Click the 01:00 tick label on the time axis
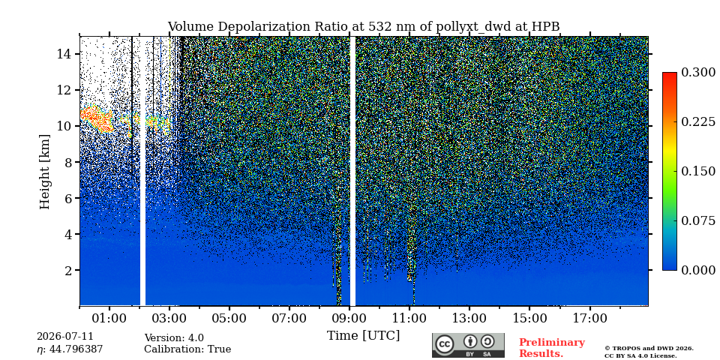[109, 318]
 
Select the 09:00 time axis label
[349, 318]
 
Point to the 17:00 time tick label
[589, 318]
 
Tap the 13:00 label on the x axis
[469, 318]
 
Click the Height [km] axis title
[44, 171]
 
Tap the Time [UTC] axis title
[363, 336]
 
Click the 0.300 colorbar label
[698, 73]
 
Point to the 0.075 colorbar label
[698, 220]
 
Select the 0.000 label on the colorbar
[698, 270]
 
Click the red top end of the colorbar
[670, 75]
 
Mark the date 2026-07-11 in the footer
[65, 336]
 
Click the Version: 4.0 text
[174, 338]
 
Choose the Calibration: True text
[187, 349]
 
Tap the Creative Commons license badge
[468, 345]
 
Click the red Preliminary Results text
[552, 347]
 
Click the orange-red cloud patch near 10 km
[97, 118]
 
